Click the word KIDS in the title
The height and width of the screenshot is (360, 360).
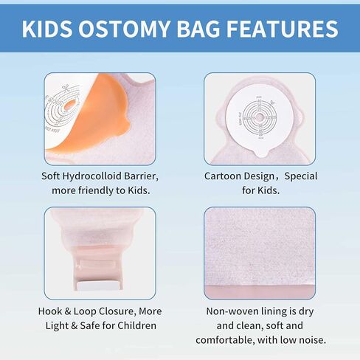click(47, 29)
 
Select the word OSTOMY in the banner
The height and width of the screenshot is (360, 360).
click(125, 29)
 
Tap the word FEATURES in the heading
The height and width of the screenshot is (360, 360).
click(283, 29)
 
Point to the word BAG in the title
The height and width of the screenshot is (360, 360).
click(198, 29)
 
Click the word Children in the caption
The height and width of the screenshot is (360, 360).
click(136, 325)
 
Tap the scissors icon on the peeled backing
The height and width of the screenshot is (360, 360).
click(66, 88)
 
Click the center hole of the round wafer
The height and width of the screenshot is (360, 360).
click(260, 117)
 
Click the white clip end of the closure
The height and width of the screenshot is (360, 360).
click(100, 285)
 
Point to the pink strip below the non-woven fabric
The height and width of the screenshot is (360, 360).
click(260, 292)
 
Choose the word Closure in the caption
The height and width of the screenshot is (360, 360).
click(117, 311)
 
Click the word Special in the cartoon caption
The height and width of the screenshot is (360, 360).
click(301, 176)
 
